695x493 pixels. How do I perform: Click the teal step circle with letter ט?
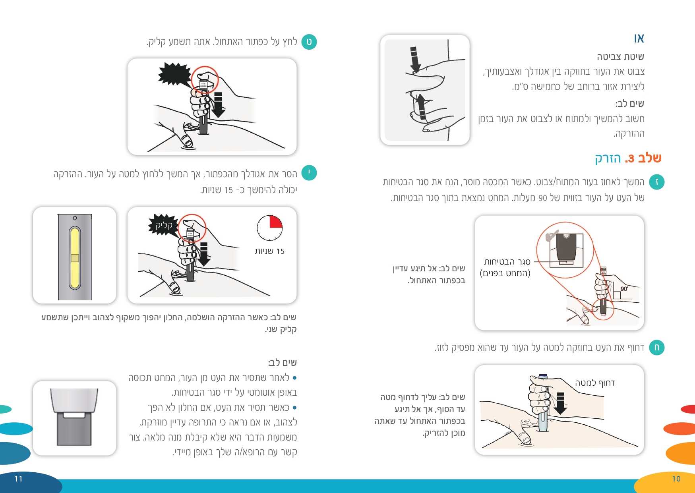click(309, 42)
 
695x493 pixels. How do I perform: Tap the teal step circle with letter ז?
click(657, 182)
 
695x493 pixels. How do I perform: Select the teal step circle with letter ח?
click(657, 348)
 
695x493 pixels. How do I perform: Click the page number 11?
click(18, 479)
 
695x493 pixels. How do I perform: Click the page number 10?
click(676, 479)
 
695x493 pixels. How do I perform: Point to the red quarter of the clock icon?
click(275, 222)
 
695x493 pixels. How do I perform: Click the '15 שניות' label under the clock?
click(270, 251)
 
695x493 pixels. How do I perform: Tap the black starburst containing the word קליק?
click(163, 225)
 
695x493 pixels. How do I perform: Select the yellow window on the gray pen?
click(75, 258)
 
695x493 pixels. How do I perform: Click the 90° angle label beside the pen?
click(624, 289)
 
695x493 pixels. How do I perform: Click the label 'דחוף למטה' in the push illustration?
click(595, 383)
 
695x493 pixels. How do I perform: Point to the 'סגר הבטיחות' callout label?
click(507, 262)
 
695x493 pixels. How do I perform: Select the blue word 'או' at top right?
click(639, 39)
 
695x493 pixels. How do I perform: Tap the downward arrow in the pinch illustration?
click(414, 60)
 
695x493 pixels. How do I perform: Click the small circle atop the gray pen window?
click(75, 218)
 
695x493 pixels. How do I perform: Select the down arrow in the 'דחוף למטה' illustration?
click(560, 403)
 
